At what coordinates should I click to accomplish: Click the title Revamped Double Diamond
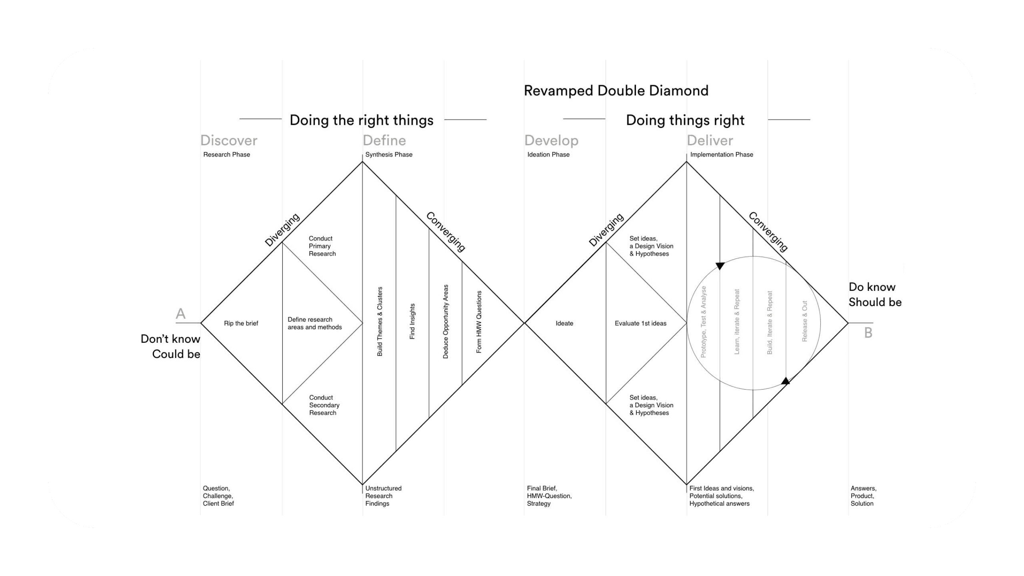(616, 91)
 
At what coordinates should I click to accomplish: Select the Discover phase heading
(229, 140)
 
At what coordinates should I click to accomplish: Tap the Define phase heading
(384, 140)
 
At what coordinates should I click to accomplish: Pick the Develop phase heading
(551, 140)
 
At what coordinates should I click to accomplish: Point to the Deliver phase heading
(710, 140)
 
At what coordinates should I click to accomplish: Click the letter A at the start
(180, 314)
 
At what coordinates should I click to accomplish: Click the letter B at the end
(868, 333)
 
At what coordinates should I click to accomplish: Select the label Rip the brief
(241, 323)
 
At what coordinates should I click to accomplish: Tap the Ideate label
(564, 323)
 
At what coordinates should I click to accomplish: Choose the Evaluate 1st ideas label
(640, 323)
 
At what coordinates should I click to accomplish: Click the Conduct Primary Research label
(322, 246)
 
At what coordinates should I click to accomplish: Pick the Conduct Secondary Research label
(324, 405)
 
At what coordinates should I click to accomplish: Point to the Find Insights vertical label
(412, 322)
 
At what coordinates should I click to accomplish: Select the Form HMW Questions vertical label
(479, 322)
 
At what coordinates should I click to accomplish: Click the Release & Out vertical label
(805, 321)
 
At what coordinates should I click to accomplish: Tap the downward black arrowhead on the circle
(720, 266)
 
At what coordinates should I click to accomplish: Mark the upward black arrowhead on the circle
(786, 381)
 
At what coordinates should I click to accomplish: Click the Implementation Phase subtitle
(722, 154)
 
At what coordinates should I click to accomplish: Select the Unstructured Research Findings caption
(383, 496)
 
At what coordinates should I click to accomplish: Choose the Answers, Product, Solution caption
(863, 496)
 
